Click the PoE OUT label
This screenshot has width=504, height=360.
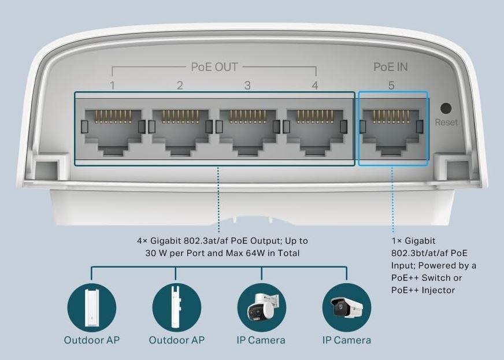point(214,67)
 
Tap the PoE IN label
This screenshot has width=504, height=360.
point(391,67)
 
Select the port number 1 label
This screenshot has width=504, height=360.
point(112,86)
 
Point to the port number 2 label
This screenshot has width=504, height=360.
point(180,86)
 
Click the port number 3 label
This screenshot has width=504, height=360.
point(247,86)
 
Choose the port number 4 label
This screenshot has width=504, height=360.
point(314,86)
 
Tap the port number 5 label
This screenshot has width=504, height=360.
point(391,86)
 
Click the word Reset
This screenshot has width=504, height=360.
point(446,123)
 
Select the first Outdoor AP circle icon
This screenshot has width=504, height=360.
point(91,307)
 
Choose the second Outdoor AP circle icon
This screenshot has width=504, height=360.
point(176,307)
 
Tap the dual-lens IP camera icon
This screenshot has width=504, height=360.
point(262,307)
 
